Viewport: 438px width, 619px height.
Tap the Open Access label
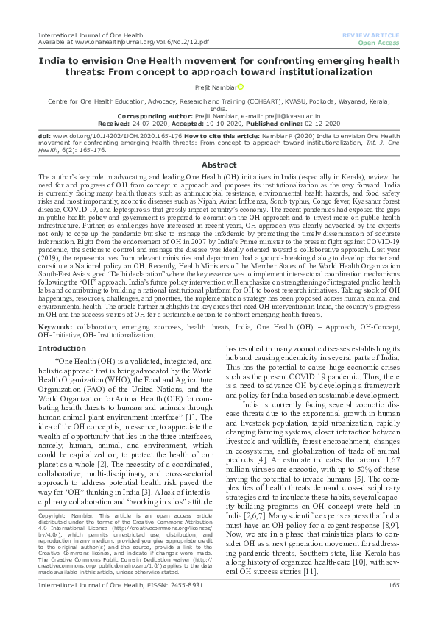pyautogui.click(x=378, y=43)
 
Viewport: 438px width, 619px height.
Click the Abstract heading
pyautogui.click(x=219, y=165)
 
